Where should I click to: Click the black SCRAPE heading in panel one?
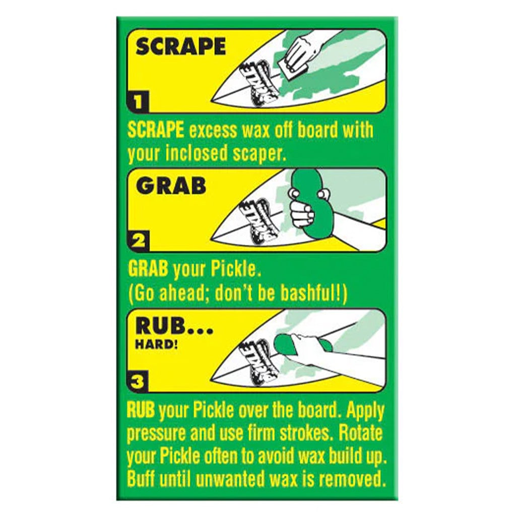181,46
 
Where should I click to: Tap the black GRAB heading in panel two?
171,186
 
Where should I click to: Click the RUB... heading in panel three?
174,327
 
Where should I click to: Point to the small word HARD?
157,345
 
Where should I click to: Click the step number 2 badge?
138,241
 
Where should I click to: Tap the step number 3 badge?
137,382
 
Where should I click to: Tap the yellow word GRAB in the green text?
148,269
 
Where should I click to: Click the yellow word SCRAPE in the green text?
156,130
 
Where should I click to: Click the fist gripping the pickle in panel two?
302,213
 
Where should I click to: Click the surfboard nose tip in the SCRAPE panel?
212,100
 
